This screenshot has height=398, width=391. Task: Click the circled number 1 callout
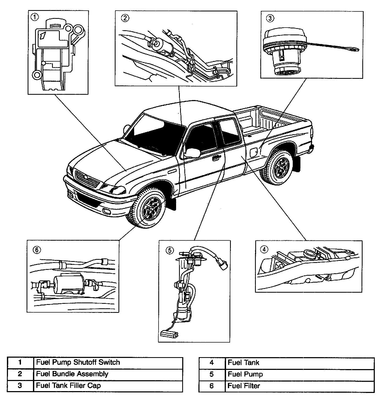(x=35, y=17)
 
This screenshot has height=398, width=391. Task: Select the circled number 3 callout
(x=270, y=18)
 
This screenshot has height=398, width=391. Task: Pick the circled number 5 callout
(x=169, y=250)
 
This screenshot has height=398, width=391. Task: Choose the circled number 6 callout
(x=37, y=249)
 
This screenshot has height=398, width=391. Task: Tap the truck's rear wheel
(x=279, y=166)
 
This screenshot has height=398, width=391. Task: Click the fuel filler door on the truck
(x=253, y=152)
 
